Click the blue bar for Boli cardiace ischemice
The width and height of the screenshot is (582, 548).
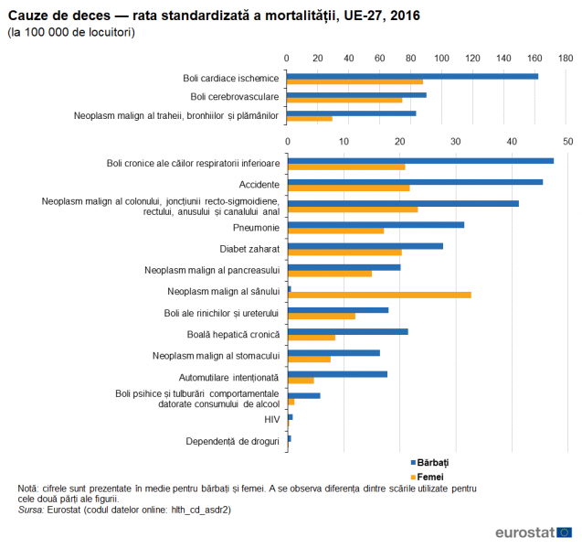coord(412,76)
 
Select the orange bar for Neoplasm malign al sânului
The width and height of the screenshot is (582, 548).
coord(379,295)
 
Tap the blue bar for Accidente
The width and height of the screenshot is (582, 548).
coord(415,182)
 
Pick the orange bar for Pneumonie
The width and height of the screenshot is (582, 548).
coord(335,231)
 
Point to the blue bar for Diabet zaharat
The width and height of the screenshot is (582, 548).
coord(365,245)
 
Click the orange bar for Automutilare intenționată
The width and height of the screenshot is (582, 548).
coord(301,380)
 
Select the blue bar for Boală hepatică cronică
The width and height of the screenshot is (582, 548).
coord(347,331)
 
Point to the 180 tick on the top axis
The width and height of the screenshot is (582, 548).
coord(566,58)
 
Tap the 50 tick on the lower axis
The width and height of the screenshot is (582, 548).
coord(567,141)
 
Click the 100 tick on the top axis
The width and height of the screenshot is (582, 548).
coord(442,58)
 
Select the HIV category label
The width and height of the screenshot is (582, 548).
coord(271,419)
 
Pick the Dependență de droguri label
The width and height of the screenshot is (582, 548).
coord(232,441)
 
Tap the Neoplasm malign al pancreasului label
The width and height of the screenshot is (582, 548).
coord(211,270)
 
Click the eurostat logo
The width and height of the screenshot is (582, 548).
coord(534,532)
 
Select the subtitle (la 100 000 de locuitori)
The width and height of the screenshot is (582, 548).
coord(71,32)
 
